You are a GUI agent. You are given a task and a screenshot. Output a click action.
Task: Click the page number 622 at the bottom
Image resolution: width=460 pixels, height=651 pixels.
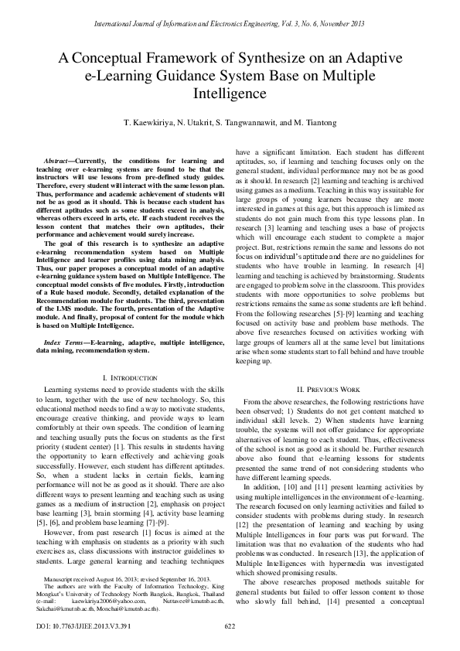(x=230, y=625)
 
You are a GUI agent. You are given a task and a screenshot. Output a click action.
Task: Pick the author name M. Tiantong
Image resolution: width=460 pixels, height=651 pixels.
(x=319, y=123)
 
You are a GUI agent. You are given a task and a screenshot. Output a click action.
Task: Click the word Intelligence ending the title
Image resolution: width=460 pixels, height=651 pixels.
(x=230, y=94)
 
